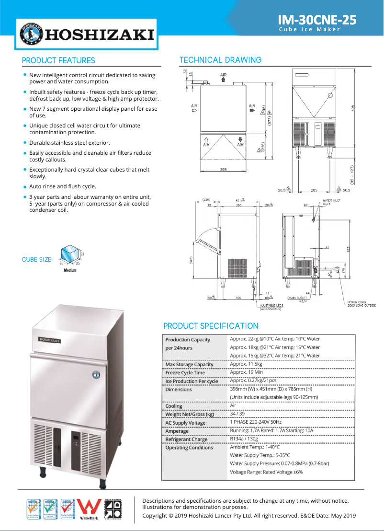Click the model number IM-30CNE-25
(317, 20)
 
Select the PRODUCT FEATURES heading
(58, 60)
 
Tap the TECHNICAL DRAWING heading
(220, 60)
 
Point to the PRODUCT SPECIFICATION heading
(211, 326)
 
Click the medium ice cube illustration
(70, 254)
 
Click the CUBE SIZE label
(37, 260)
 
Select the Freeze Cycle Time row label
(185, 373)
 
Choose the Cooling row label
(174, 406)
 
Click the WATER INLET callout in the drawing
(332, 201)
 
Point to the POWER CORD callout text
(361, 304)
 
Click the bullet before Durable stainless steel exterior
(25, 143)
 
